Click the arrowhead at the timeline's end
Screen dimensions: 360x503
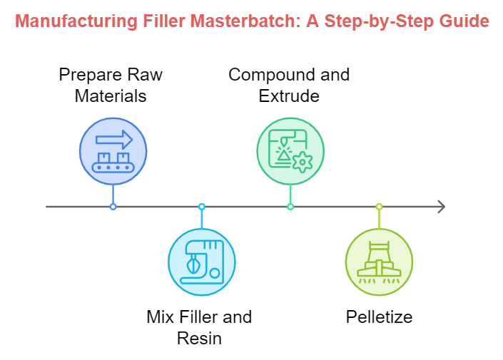pos(442,207)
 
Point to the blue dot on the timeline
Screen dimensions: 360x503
pos(113,207)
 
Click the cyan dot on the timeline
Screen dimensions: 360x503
pos(201,207)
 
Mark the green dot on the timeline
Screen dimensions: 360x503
pos(290,207)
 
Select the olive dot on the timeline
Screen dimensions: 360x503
pos(379,207)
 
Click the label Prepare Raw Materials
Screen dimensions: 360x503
pos(111,86)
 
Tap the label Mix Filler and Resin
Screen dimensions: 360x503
pos(199,327)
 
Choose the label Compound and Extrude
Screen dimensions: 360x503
pos(289,86)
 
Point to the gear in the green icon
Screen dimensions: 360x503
pos(303,162)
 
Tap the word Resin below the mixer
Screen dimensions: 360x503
pos(199,338)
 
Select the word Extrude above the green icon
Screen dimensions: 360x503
pos(289,96)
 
